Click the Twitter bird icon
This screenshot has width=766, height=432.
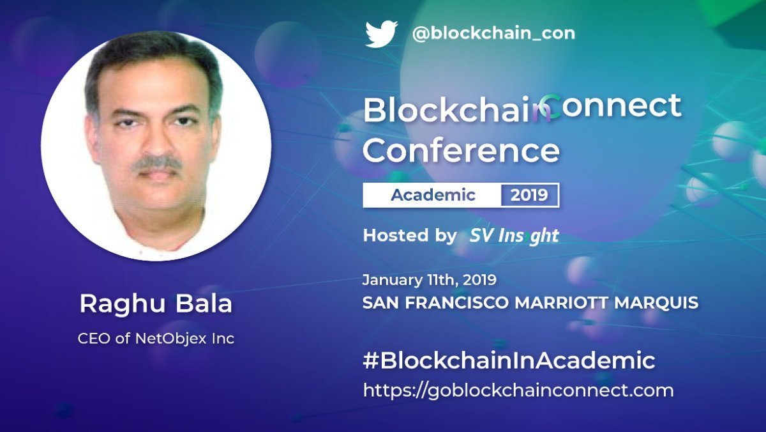click(381, 34)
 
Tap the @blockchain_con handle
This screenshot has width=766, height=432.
click(493, 33)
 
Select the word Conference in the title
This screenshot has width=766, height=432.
click(461, 151)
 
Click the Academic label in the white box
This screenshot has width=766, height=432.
click(433, 195)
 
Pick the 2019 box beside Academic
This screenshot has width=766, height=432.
click(529, 195)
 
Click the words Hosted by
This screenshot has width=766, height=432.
click(409, 235)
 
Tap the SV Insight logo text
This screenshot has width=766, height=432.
click(514, 236)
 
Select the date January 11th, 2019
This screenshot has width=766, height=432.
click(429, 280)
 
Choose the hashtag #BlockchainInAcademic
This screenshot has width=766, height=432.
click(509, 360)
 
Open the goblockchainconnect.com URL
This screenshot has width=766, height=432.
click(518, 390)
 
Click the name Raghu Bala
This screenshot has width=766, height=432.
click(156, 304)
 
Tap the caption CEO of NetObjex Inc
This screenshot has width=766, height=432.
click(156, 338)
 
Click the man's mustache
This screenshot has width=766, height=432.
click(156, 163)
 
